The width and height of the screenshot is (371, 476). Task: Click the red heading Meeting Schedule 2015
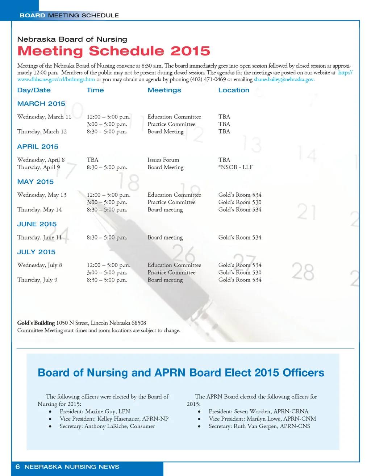click(x=113, y=51)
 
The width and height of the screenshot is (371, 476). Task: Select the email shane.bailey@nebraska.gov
click(x=284, y=79)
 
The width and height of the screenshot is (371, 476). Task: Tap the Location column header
click(x=234, y=90)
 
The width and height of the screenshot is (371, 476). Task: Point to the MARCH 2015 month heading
click(x=41, y=104)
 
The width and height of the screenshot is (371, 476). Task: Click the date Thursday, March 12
click(x=42, y=131)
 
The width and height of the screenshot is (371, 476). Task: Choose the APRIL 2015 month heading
click(x=38, y=147)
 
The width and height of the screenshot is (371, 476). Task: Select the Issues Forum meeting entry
click(x=163, y=160)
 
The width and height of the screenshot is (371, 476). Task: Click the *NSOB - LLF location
click(x=235, y=167)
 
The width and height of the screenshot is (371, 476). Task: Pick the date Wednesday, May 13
click(x=42, y=195)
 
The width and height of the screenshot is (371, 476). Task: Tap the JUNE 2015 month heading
click(x=37, y=224)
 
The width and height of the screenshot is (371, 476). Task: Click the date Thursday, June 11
click(x=39, y=238)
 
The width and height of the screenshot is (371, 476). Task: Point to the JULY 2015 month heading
click(x=36, y=252)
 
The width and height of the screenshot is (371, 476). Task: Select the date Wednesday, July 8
click(x=39, y=265)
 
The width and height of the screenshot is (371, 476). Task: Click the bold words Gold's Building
click(x=36, y=323)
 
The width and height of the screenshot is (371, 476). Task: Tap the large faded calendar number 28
click(x=303, y=272)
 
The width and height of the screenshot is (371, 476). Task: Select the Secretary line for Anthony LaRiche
click(x=107, y=426)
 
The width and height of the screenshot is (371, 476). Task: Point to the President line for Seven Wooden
click(x=258, y=412)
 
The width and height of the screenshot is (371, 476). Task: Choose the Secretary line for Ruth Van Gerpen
click(x=259, y=426)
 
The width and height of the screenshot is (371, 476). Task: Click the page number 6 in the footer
click(x=17, y=467)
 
